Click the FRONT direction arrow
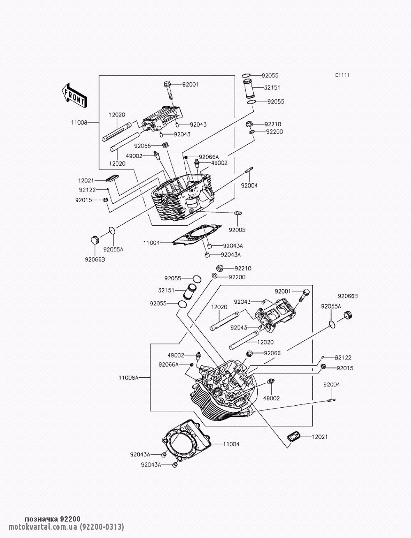click(74, 95)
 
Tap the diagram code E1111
click(342, 75)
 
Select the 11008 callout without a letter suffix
click(79, 122)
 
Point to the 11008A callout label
click(128, 378)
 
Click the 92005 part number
click(237, 230)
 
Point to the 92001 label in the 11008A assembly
click(283, 291)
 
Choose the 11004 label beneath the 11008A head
click(231, 444)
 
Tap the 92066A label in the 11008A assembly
click(169, 365)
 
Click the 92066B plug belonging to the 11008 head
click(95, 240)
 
